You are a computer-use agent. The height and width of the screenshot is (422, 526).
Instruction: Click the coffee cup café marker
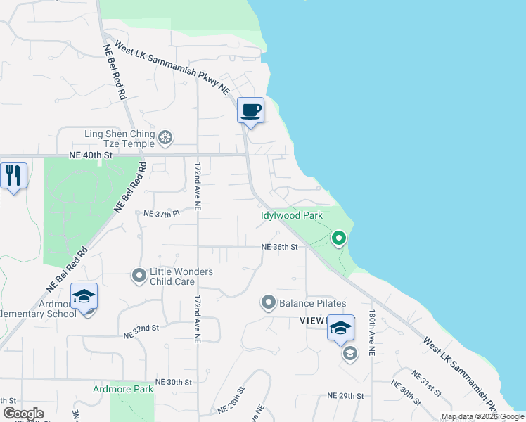250,110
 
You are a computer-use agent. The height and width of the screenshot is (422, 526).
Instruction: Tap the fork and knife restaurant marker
13,176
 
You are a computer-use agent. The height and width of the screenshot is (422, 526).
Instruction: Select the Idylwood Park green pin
339,239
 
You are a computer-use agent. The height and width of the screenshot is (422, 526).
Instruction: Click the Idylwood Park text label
291,216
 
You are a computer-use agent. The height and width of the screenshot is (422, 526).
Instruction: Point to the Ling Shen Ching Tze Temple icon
165,136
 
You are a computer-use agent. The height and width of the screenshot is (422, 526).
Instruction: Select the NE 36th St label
280,247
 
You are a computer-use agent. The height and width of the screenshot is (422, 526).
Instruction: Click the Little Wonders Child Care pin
139,275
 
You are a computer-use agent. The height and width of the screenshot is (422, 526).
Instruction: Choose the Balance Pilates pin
268,303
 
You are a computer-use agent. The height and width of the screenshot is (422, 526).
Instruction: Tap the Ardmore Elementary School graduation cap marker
84,298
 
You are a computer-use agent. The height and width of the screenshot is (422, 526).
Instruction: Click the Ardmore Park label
123,388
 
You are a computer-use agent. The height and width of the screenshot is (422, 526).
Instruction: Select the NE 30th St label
173,381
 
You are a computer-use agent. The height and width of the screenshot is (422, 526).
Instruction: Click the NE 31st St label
426,383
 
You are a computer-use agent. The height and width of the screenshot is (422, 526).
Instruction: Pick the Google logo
23,414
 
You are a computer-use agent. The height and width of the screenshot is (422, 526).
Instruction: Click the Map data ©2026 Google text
482,416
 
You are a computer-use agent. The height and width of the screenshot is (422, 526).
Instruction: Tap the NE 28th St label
231,399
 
